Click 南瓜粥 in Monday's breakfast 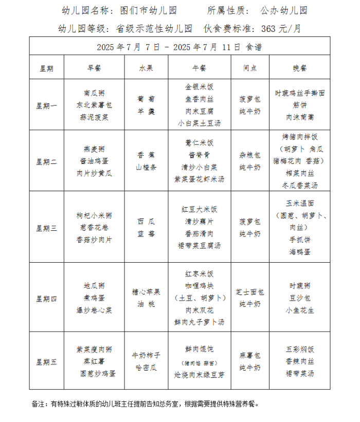(x=94, y=93)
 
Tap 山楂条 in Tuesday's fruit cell (x=146, y=167)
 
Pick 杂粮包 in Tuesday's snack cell (x=250, y=155)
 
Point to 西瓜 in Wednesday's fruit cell (x=146, y=222)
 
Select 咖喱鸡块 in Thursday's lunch (x=199, y=286)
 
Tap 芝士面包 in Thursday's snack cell (x=250, y=292)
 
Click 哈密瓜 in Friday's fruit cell (x=146, y=368)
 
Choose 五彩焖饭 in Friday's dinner (x=300, y=349)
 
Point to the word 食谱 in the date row (x=254, y=47)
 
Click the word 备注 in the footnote (x=38, y=404)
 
